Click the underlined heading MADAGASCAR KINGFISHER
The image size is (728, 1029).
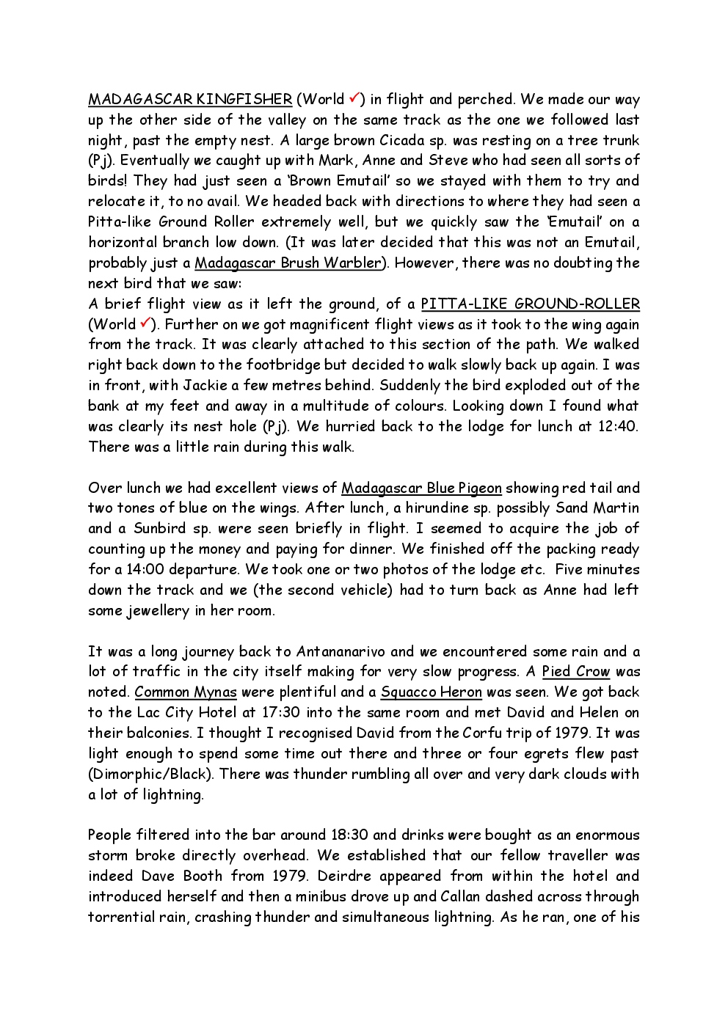pos(190,99)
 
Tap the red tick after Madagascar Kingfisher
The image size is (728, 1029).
pos(354,98)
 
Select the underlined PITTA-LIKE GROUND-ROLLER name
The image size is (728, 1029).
pos(530,304)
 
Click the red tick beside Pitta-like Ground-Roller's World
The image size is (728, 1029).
pos(145,323)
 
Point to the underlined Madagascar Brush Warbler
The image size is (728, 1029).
pos(288,263)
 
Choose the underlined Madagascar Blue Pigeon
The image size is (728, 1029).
pos(421,488)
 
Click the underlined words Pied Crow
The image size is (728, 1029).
pos(576,671)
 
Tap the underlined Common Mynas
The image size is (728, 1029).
pos(186,692)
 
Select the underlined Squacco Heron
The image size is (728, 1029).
pos(432,692)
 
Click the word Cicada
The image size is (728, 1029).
pos(400,140)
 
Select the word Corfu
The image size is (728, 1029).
pos(483,733)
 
